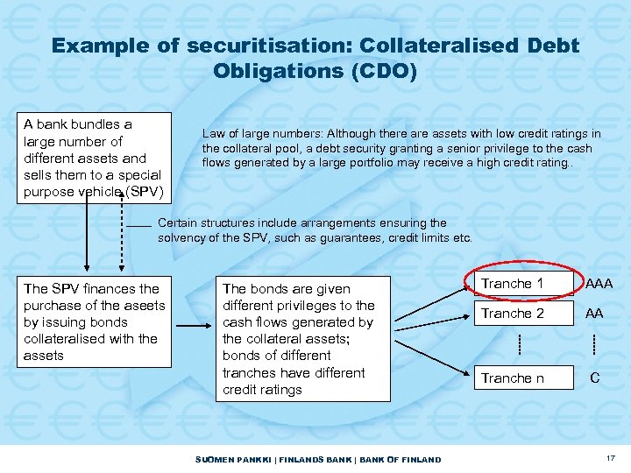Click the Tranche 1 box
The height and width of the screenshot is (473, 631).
[x=513, y=284]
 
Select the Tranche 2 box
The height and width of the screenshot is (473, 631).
[x=513, y=314]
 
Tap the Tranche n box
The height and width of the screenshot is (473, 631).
[x=513, y=378]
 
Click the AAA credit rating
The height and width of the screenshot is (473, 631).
[x=599, y=284]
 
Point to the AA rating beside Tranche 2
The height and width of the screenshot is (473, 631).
[x=594, y=314]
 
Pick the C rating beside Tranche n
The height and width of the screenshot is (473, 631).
[x=595, y=378]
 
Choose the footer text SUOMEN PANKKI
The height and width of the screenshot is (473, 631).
[x=223, y=459]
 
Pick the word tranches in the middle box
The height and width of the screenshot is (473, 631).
[x=251, y=372]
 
